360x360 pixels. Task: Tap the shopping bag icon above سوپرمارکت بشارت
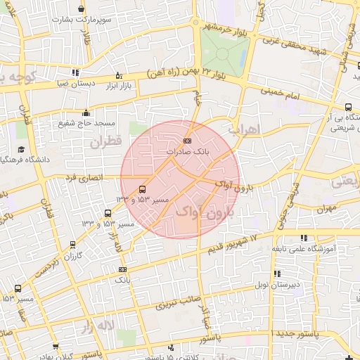[x=82, y=9]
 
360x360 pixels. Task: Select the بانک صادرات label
[x=186, y=151]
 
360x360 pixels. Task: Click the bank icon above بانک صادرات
[x=186, y=141]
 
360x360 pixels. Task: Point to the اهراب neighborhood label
[x=245, y=130]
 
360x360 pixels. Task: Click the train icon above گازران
[x=73, y=245]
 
